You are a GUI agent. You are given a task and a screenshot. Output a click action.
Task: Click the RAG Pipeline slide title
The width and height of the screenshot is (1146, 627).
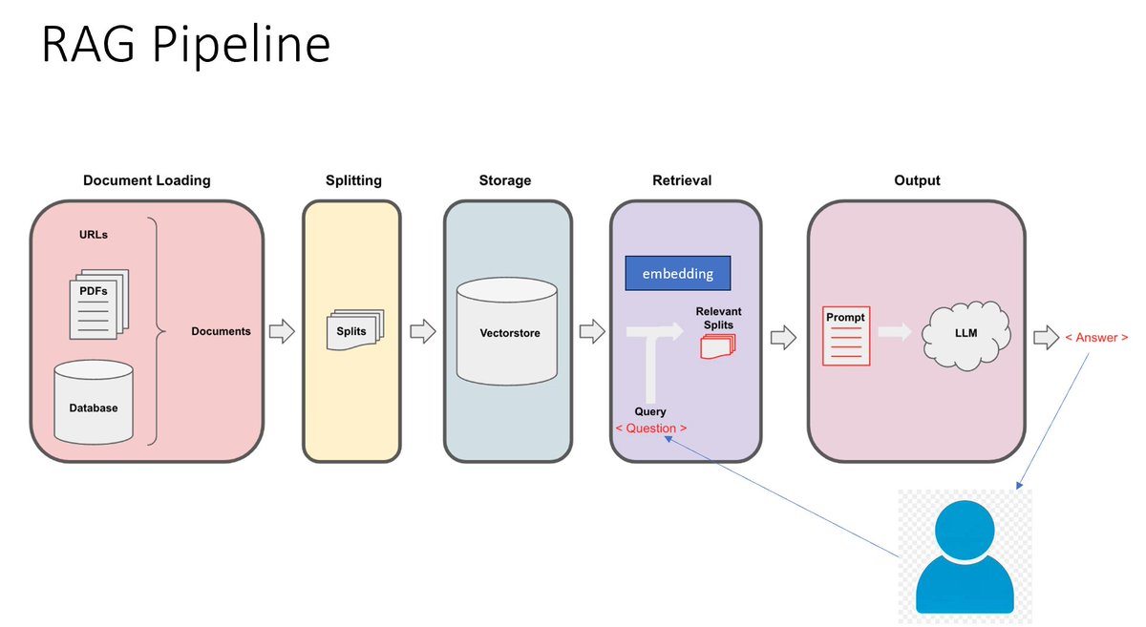[x=185, y=45]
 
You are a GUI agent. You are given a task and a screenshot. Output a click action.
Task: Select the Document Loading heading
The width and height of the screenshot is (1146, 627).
[x=147, y=180]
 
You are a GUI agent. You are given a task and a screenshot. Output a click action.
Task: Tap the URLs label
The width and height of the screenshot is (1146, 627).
[x=94, y=235]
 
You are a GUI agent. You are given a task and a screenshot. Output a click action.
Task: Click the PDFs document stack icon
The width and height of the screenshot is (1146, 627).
[x=98, y=304]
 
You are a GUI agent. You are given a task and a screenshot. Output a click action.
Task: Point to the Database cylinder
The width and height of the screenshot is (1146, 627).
[x=94, y=402]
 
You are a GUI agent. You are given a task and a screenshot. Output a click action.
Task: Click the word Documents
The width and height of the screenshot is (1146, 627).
[x=221, y=331]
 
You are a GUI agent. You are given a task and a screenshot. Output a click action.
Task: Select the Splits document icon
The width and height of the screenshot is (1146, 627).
[x=355, y=330]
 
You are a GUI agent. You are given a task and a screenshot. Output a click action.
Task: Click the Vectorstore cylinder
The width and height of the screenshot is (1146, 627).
[x=507, y=331]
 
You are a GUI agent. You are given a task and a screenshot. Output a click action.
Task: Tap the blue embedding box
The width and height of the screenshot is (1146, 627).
[x=678, y=274]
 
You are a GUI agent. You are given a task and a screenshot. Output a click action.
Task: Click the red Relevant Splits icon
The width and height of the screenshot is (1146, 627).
[x=718, y=346]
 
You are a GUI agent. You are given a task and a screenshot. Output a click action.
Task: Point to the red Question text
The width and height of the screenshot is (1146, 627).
[x=650, y=428]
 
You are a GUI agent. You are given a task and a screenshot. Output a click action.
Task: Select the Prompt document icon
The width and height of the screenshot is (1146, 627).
[x=846, y=336]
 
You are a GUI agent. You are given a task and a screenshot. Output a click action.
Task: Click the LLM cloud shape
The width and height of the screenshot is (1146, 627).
[x=966, y=335]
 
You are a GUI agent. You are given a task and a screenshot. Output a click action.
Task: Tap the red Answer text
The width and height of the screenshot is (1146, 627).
[x=1096, y=338]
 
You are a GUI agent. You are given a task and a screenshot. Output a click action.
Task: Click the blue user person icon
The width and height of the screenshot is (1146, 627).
[x=965, y=557]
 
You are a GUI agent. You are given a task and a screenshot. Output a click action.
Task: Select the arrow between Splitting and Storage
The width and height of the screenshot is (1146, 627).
[x=422, y=331]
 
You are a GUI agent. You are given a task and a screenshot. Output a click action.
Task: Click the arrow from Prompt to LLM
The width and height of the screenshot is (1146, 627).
[x=895, y=332]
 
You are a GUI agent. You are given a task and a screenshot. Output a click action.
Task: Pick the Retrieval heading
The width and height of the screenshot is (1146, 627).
[x=682, y=180]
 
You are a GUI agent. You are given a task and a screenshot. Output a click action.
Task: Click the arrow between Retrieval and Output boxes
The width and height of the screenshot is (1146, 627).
[x=783, y=338]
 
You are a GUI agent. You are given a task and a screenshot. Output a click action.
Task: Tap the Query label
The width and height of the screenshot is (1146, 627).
[x=650, y=411]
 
